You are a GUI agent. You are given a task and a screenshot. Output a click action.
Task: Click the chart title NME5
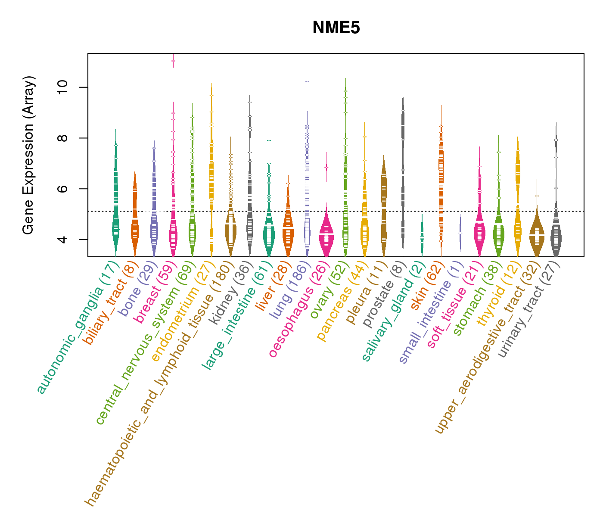[336, 28]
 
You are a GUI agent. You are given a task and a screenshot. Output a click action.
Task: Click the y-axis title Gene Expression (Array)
[28, 155]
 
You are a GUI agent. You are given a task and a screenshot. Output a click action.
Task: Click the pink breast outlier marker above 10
[173, 61]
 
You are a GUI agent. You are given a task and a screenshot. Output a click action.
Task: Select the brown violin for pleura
[384, 207]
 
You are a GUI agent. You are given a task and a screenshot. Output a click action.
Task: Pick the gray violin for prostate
[403, 172]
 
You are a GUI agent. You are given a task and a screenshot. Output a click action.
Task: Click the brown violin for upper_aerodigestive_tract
[537, 235]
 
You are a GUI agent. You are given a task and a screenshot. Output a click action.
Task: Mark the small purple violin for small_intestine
[460, 233]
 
